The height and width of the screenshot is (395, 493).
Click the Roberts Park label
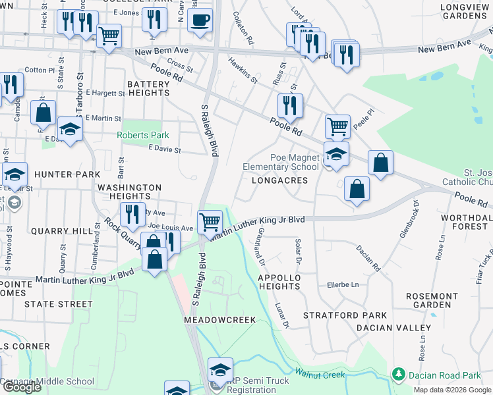(x=143, y=135)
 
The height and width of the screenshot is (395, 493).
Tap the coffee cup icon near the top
(x=200, y=19)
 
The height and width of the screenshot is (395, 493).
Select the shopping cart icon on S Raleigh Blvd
(x=210, y=221)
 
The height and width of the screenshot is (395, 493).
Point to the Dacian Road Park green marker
(x=398, y=375)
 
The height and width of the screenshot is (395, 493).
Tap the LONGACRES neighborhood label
(x=279, y=180)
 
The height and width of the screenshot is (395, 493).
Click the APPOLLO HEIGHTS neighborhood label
(x=279, y=282)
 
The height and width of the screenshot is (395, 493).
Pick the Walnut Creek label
(x=320, y=375)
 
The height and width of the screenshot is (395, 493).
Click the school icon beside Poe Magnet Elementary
(x=336, y=155)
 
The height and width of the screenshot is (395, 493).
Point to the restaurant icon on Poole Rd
(x=290, y=105)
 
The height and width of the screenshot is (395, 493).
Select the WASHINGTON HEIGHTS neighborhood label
(x=129, y=192)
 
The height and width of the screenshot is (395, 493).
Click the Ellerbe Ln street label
(x=343, y=285)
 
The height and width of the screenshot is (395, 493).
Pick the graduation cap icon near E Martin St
(x=70, y=128)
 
